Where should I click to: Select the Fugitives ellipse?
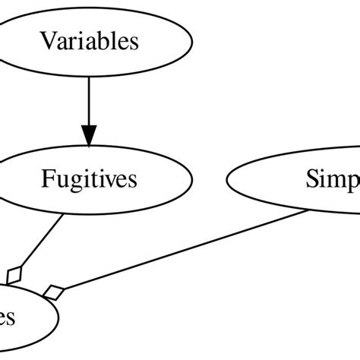point(89,180)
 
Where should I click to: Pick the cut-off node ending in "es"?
point(23,317)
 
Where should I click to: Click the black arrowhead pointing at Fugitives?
point(89,136)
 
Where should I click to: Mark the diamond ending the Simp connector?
point(52,291)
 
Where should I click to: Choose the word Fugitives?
point(89,180)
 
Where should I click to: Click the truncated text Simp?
point(333,180)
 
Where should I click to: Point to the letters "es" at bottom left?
point(8,318)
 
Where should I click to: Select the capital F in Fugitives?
point(46,180)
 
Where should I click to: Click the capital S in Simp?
point(312,180)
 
